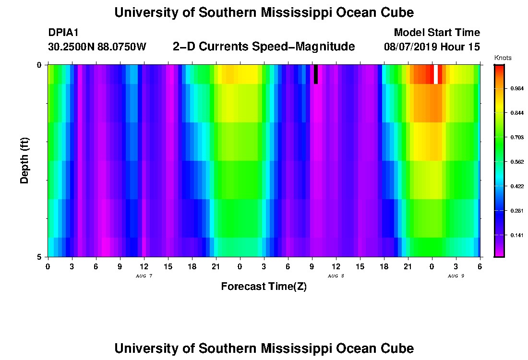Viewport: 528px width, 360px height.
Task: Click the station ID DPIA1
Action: (63, 33)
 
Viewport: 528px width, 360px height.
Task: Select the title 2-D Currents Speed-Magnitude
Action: (264, 47)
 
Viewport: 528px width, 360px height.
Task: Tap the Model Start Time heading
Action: (436, 33)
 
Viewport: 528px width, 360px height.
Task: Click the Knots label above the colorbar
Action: (503, 58)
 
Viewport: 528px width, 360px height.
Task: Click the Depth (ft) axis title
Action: (24, 160)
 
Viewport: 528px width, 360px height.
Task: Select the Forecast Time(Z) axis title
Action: (264, 287)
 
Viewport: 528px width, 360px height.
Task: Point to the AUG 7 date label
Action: (144, 276)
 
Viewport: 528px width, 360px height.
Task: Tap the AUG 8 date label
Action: (336, 276)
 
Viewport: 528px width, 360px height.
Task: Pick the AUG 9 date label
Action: (456, 276)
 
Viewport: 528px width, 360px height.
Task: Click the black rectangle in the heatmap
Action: (316, 74)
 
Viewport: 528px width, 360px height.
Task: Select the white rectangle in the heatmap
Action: (435, 74)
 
